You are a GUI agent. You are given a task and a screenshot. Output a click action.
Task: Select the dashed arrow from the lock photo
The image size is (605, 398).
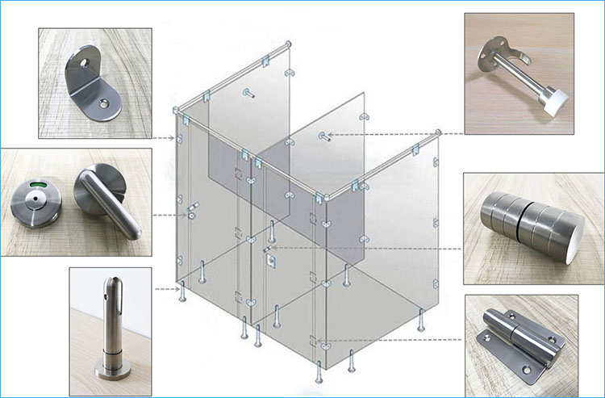[169, 215]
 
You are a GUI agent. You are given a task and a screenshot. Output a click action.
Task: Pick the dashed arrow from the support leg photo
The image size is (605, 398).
[165, 288]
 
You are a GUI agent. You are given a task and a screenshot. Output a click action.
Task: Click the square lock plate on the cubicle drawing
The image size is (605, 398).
[270, 260]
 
